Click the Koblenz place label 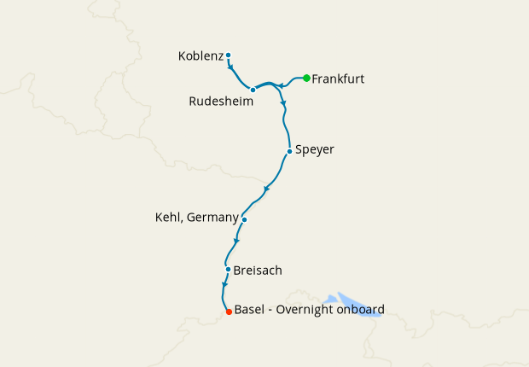point(201,56)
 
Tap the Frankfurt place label point(339,79)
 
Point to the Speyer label point(316,150)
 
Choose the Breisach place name point(258,271)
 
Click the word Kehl point(168,218)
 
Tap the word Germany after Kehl point(212,218)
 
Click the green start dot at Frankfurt point(306,79)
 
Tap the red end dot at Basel point(229,312)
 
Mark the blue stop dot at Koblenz point(229,55)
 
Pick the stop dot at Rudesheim point(253,89)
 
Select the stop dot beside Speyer point(290,152)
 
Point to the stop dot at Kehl point(244,219)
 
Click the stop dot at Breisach point(228,270)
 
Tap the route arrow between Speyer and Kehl point(267,188)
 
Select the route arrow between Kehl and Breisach point(236,242)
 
